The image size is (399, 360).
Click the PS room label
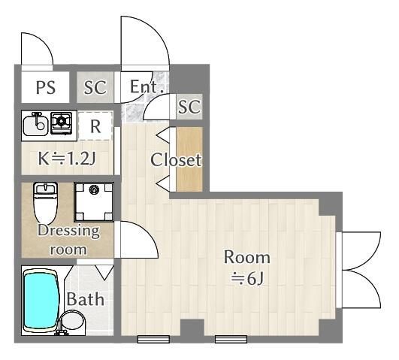(46, 87)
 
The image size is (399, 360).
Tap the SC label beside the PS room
(95, 87)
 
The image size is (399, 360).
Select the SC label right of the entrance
(189, 107)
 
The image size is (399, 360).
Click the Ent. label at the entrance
(147, 86)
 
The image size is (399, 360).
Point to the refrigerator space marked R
(95, 126)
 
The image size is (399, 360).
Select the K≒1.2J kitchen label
(67, 159)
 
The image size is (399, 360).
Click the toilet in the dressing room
(46, 203)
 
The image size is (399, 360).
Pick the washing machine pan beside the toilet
(94, 201)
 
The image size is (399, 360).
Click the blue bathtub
(41, 301)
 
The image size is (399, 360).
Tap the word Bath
(86, 299)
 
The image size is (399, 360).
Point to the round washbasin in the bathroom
(73, 320)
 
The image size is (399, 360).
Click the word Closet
(176, 160)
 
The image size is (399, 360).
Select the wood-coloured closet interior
(189, 159)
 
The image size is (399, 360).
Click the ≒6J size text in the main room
(247, 279)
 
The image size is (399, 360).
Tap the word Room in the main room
(246, 257)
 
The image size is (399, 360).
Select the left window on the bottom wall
(153, 339)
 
